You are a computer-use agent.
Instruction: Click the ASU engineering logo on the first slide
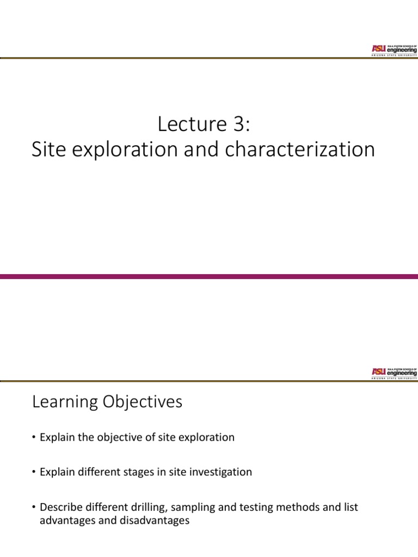[394, 49]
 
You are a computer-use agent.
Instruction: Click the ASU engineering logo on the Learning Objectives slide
[394, 372]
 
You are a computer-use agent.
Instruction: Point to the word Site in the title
[47, 150]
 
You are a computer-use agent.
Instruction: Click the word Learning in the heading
[66, 403]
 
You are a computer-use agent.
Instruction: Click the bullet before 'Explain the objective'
[34, 438]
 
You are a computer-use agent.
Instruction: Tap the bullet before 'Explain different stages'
[34, 472]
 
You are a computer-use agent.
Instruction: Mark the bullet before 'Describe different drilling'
[34, 507]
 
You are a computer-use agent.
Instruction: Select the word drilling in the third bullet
[147, 507]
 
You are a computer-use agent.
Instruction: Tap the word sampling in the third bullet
[190, 507]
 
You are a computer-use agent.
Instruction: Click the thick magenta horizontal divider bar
[209, 276]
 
